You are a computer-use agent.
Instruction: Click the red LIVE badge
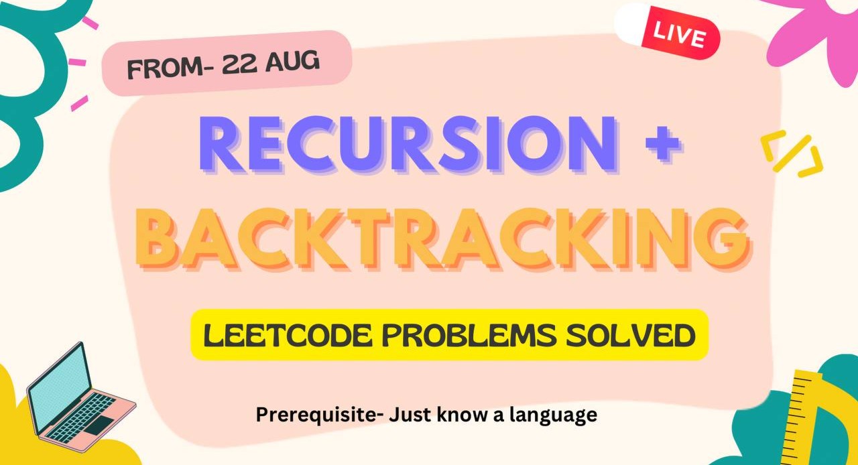click(x=680, y=36)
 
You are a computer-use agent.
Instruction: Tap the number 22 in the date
click(x=245, y=64)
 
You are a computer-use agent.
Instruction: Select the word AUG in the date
click(x=296, y=62)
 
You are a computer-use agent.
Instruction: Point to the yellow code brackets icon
click(x=792, y=155)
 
